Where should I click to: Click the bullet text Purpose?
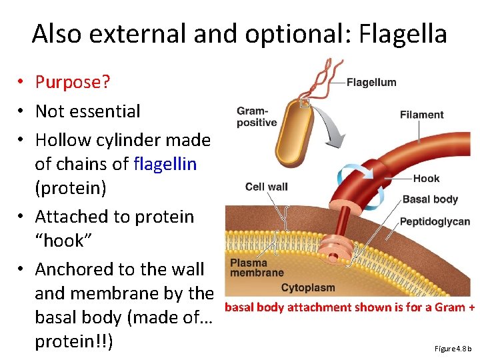click(73, 82)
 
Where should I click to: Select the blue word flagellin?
click(165, 163)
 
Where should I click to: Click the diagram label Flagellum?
click(371, 83)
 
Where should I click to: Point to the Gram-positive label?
click(256, 117)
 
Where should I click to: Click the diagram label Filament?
click(421, 115)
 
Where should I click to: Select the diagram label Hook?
click(426, 179)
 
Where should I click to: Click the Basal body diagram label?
click(430, 199)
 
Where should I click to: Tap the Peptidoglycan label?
click(434, 222)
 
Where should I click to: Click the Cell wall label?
click(266, 187)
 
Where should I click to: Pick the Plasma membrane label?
click(257, 268)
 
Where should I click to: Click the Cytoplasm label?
click(307, 288)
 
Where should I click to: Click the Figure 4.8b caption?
click(452, 349)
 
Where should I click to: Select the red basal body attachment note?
click(349, 307)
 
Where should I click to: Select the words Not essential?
click(87, 111)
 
